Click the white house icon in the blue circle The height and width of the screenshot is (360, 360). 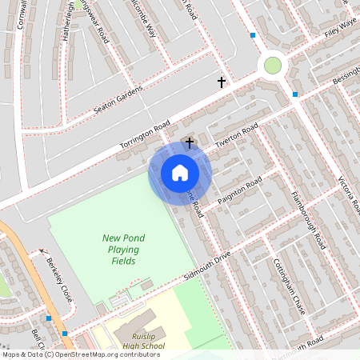tap(180, 172)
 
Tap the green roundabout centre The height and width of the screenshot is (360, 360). tap(273, 64)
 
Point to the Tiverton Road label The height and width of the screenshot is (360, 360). tap(237, 134)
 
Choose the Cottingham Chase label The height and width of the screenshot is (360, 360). tap(290, 286)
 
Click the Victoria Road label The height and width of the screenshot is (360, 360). tap(350, 196)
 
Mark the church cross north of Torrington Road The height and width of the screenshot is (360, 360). tap(222, 82)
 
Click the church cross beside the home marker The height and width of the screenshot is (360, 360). tap(190, 142)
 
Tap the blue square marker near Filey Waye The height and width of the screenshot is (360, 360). tap(253, 35)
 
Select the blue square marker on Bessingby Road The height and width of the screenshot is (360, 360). tap(295, 94)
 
